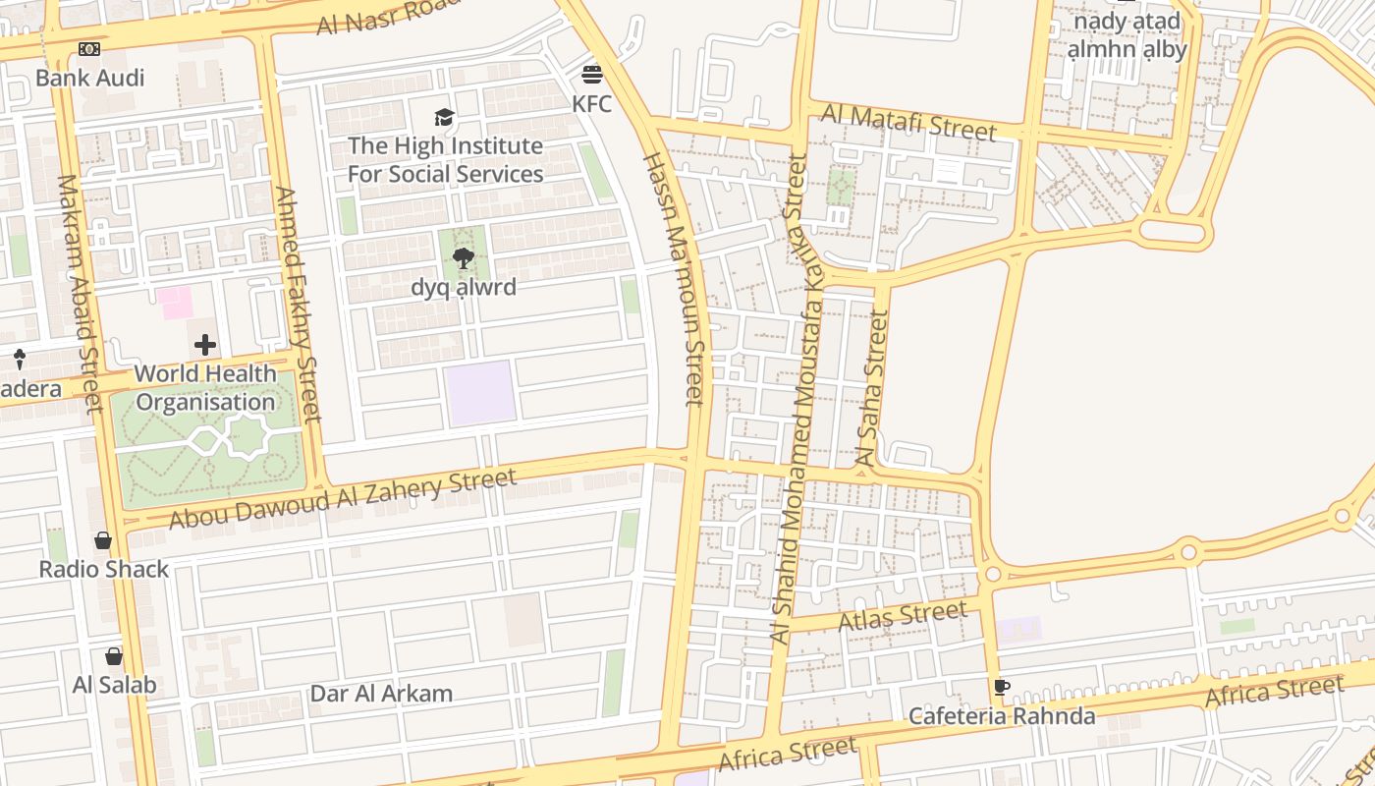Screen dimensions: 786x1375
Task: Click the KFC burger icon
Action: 591,75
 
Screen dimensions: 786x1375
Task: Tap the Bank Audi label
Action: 89,78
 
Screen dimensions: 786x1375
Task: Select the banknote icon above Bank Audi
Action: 89,49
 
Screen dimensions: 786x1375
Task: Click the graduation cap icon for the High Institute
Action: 445,118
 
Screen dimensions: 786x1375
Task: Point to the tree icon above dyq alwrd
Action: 464,258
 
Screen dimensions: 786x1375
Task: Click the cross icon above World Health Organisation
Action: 205,345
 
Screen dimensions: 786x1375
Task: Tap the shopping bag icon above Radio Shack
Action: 103,540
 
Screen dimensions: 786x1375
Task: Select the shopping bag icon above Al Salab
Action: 114,656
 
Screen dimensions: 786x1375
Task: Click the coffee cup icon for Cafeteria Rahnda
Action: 1001,687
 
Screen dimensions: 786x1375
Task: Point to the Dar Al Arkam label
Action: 381,694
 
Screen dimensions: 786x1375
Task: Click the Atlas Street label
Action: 902,617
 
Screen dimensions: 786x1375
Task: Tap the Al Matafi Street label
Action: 908,122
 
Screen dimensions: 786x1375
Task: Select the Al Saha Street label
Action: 872,388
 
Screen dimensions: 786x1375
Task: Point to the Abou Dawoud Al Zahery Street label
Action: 343,498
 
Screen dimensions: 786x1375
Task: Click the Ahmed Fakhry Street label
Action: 299,305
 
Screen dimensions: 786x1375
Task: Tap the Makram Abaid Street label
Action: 81,295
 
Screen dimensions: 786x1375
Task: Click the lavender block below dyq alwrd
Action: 480,393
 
